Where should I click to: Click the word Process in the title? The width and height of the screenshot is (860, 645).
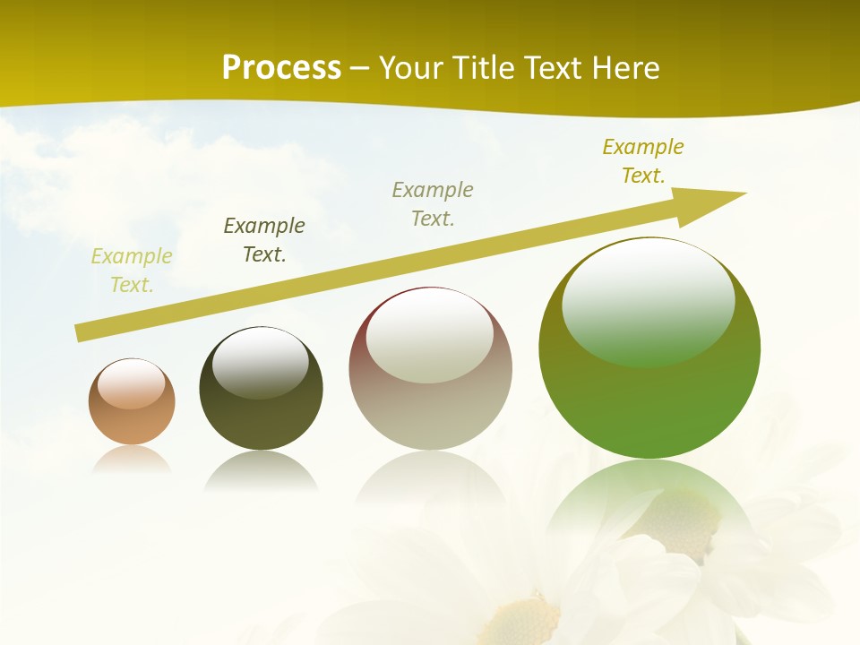pos(281,68)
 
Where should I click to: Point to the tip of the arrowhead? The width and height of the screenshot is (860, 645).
pos(745,193)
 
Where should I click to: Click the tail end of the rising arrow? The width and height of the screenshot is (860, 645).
pos(79,333)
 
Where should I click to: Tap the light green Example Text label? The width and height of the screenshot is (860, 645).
pos(132,271)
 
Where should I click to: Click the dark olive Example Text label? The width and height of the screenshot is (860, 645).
pos(264,240)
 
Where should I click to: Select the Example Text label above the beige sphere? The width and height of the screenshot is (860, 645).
pos(433,203)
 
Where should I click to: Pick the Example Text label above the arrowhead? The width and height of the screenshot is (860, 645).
pos(643,160)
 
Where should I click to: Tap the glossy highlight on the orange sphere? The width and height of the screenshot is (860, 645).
pos(132,384)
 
